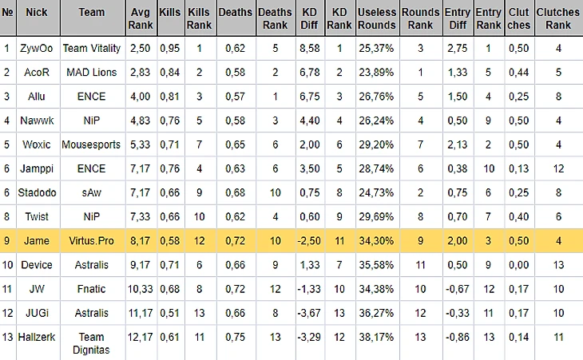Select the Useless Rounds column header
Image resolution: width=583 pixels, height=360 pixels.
pos(377,18)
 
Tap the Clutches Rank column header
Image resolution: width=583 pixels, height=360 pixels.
pos(558,18)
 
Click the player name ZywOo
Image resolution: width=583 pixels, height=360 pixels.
pos(35,48)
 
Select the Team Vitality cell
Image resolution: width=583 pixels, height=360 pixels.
pos(91,48)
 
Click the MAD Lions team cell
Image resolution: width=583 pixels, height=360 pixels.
pos(91,73)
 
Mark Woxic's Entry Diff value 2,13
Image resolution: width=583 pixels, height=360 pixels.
pos(458,145)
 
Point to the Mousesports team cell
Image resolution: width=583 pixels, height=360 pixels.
pos(91,145)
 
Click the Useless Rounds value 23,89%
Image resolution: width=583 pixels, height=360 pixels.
pos(377,73)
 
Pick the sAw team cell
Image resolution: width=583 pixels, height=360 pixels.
pos(91,193)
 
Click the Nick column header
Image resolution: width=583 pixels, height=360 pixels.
pos(37,13)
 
